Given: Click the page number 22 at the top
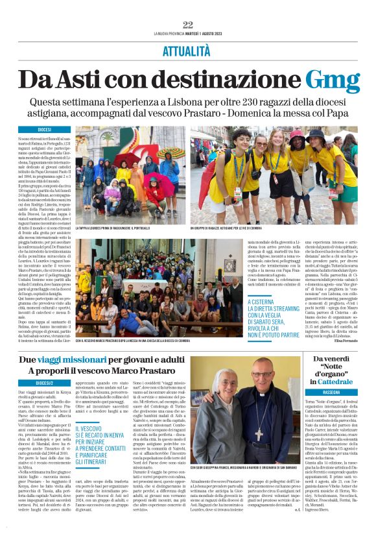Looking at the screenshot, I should click(x=188, y=25).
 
